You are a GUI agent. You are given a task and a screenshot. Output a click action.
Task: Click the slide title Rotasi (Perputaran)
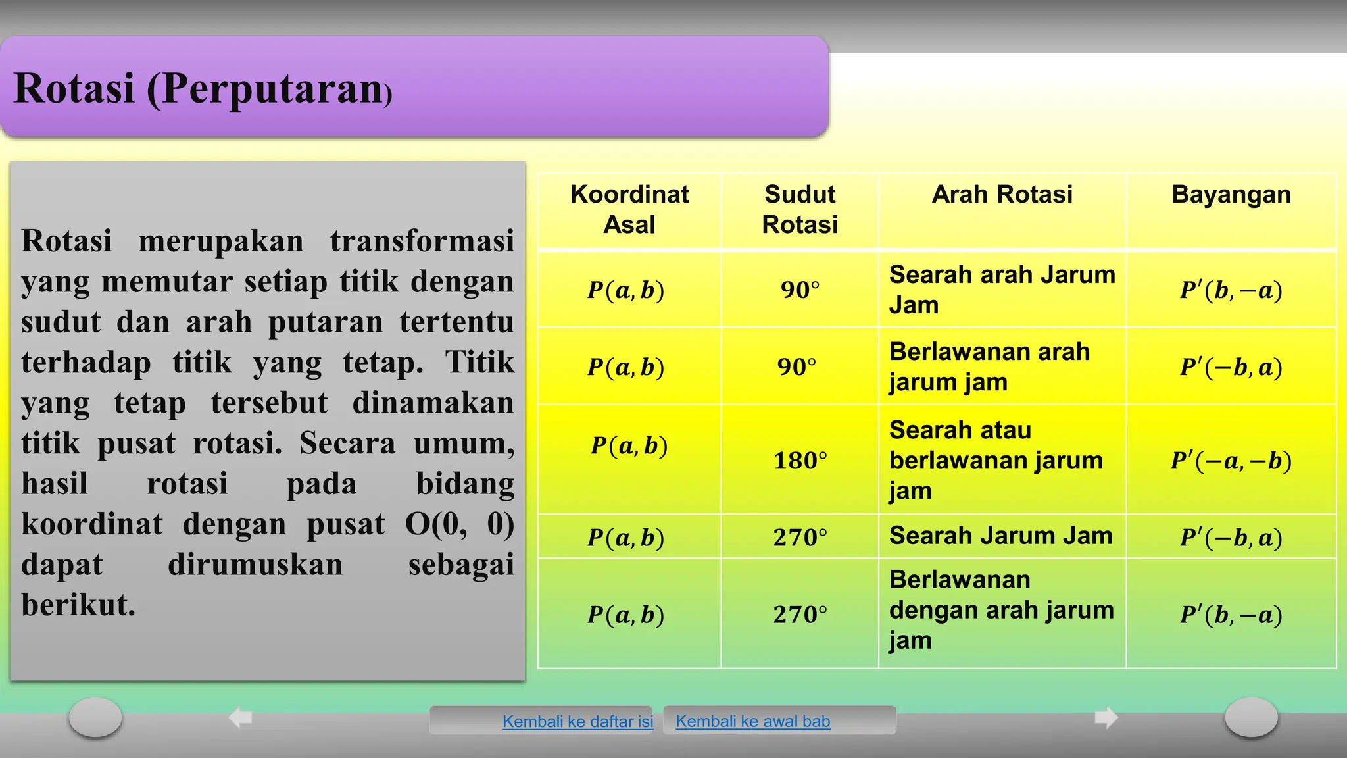pyautogui.click(x=203, y=89)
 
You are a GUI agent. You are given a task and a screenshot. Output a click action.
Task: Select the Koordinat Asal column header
pyautogui.click(x=629, y=209)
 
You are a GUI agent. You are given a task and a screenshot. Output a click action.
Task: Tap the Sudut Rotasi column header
pyautogui.click(x=800, y=209)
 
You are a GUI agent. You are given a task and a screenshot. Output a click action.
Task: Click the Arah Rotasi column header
pyautogui.click(x=1002, y=195)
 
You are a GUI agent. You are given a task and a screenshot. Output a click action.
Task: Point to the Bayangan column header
pyautogui.click(x=1231, y=195)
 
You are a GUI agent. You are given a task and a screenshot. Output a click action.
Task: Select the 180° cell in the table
pyautogui.click(x=800, y=461)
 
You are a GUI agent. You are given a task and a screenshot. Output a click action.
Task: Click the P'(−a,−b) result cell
pyautogui.click(x=1231, y=461)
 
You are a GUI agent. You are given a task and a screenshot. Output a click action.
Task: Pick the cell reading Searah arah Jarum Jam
pyautogui.click(x=1002, y=290)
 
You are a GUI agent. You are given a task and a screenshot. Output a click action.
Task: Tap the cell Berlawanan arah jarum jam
pyautogui.click(x=989, y=366)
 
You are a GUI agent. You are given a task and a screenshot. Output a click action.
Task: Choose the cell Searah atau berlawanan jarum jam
pyautogui.click(x=996, y=460)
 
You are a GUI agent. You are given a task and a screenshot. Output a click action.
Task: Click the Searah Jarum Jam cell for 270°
pyautogui.click(x=1000, y=536)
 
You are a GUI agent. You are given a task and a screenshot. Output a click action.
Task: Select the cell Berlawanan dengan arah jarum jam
pyautogui.click(x=1001, y=610)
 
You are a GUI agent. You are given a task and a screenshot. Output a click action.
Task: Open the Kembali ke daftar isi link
pyautogui.click(x=577, y=721)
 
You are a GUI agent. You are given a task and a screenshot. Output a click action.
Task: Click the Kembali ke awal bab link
pyautogui.click(x=752, y=721)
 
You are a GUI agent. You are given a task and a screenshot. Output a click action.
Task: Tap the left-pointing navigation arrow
pyautogui.click(x=241, y=717)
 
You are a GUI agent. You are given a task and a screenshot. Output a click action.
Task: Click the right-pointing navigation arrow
pyautogui.click(x=1106, y=717)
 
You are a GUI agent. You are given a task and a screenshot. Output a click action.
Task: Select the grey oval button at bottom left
pyautogui.click(x=95, y=717)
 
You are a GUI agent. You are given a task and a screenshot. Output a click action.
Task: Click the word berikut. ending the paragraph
pyautogui.click(x=78, y=605)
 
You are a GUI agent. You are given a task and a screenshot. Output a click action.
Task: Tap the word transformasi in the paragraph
pyautogui.click(x=422, y=241)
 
